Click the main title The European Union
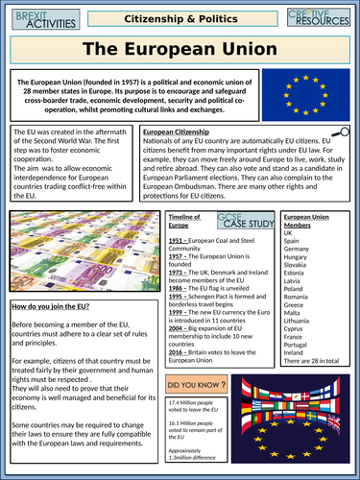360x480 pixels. pos(180,48)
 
